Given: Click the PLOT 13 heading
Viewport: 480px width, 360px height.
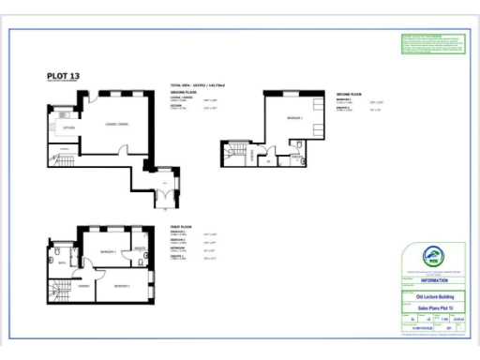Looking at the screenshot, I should tap(64, 77).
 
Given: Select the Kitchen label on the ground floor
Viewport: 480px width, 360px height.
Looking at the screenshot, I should tap(68, 126).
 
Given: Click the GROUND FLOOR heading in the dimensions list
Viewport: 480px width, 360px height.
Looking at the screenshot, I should tap(182, 91).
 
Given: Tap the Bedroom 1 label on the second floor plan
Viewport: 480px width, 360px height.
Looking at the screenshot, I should tap(292, 119).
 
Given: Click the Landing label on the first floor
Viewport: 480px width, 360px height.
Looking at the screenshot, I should tap(83, 286).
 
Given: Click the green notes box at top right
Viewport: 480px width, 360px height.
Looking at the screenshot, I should tap(432, 45).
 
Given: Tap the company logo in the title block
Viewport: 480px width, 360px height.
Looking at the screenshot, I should tap(432, 257).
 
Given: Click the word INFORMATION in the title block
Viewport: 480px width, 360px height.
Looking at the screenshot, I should tap(432, 279).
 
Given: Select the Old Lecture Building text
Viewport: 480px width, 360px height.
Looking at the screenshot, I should tap(432, 297).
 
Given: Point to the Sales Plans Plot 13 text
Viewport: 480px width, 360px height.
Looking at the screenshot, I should tap(432, 307).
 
